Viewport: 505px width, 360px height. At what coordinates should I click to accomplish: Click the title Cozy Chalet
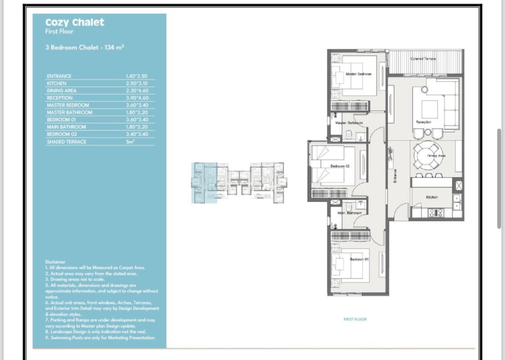75,22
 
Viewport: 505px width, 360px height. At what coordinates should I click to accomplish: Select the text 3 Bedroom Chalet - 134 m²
85,47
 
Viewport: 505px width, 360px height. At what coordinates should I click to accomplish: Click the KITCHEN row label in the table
57,83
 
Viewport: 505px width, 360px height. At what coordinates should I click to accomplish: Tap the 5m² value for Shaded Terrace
130,142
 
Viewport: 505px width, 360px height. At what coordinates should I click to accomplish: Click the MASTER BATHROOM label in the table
69,113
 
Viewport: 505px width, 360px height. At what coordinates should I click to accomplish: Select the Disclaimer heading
55,262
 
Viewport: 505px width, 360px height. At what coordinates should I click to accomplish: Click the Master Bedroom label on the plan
358,74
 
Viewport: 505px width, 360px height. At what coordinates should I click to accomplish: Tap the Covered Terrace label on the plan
423,59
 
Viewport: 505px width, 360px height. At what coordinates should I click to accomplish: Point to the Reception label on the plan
423,122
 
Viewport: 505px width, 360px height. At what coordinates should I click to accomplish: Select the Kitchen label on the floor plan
432,197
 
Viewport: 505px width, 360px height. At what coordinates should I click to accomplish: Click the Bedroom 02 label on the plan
340,166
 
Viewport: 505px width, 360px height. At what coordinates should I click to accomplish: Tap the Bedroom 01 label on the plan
359,259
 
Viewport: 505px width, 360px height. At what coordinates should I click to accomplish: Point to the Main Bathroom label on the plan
349,213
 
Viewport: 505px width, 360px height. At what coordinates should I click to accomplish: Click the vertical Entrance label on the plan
395,175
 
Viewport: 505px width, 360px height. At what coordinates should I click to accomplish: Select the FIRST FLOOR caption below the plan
355,319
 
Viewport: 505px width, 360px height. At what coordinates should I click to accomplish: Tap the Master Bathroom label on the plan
349,123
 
